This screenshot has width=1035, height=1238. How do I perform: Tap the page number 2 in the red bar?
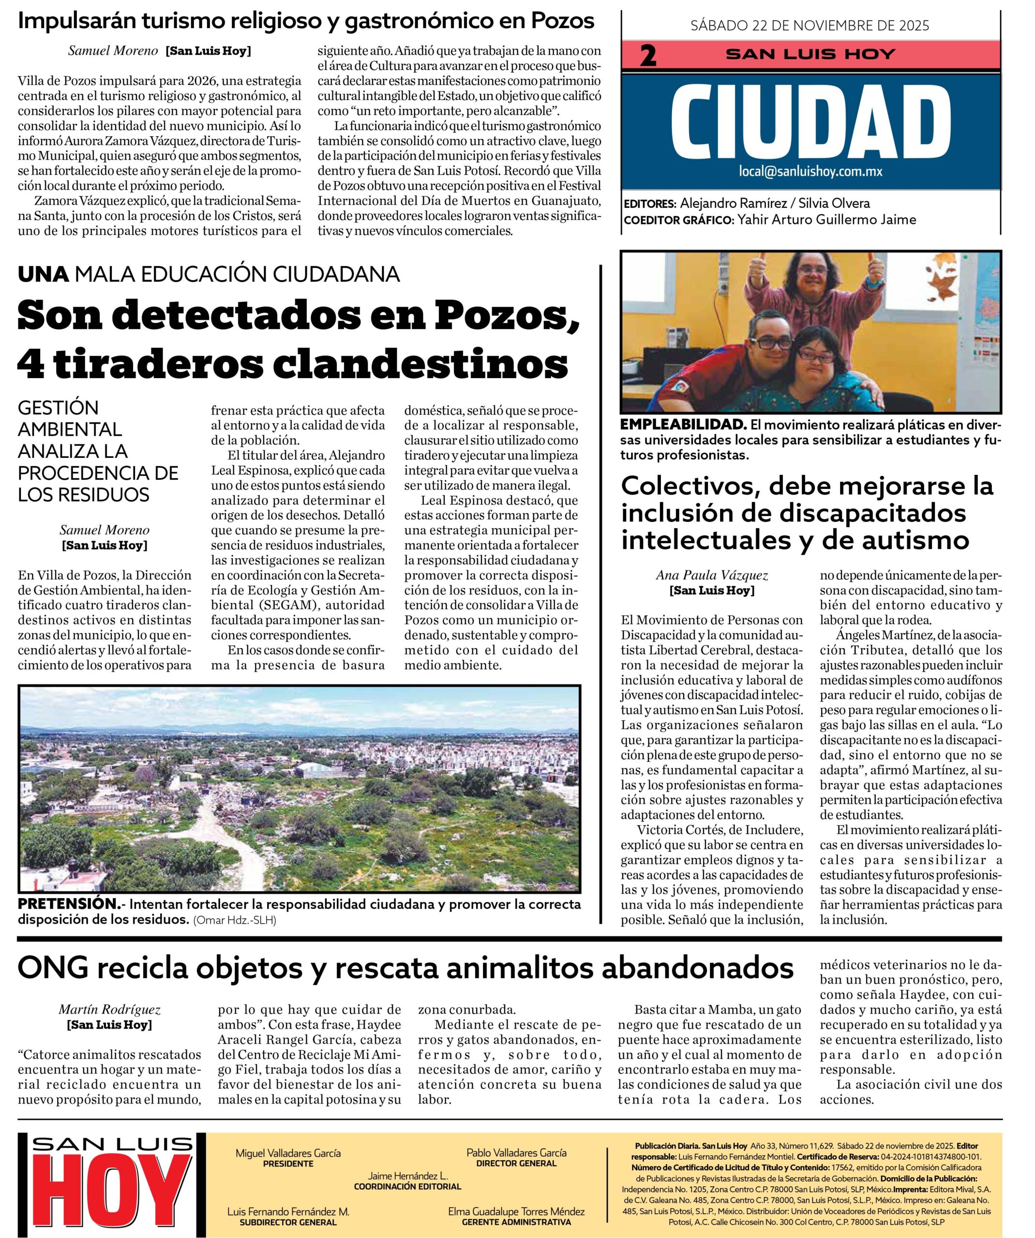647,57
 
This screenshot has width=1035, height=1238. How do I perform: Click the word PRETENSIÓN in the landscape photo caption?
68,904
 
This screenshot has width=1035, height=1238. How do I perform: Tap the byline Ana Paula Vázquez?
712,575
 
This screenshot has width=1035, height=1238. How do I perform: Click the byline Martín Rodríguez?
110,1010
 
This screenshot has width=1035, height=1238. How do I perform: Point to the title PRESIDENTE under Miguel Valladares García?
288,1164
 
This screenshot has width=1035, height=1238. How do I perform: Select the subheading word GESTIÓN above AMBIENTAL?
59,407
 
